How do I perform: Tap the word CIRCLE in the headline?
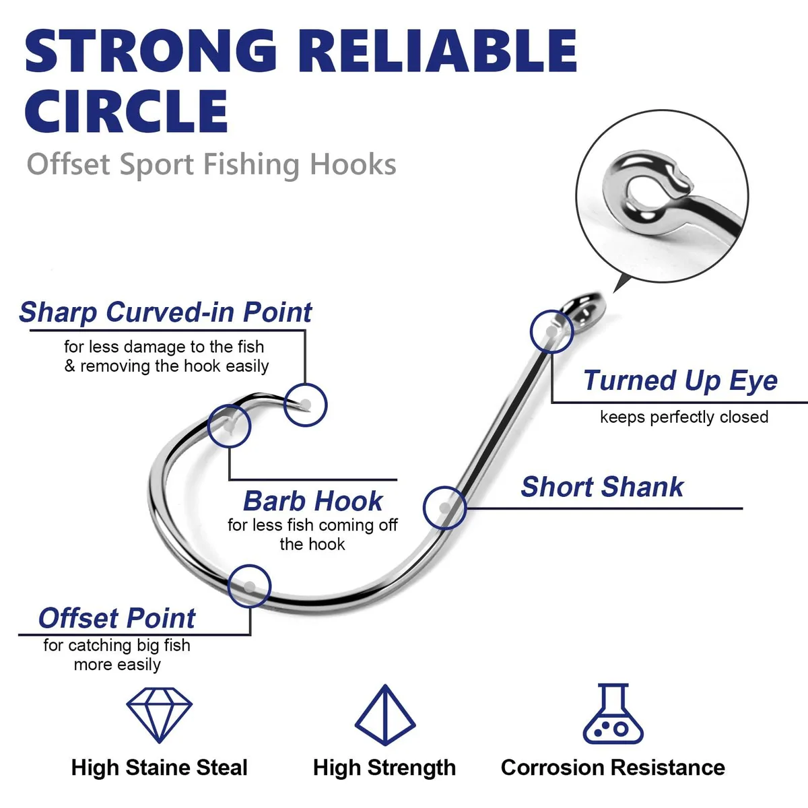pos(126,111)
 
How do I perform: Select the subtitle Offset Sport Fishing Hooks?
pos(211,164)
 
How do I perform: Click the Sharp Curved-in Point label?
pos(165,312)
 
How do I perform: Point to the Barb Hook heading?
pos(313,501)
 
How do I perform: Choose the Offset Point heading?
pos(116,618)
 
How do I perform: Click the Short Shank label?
pos(602,487)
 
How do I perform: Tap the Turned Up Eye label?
pos(680,380)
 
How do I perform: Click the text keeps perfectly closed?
pos(684,417)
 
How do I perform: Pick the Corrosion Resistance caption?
pos(613,768)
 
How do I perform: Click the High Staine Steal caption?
pos(160,768)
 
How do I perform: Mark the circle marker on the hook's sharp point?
pos(305,384)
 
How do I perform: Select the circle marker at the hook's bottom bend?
pos(250,565)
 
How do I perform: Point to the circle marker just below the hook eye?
pos(552,310)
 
